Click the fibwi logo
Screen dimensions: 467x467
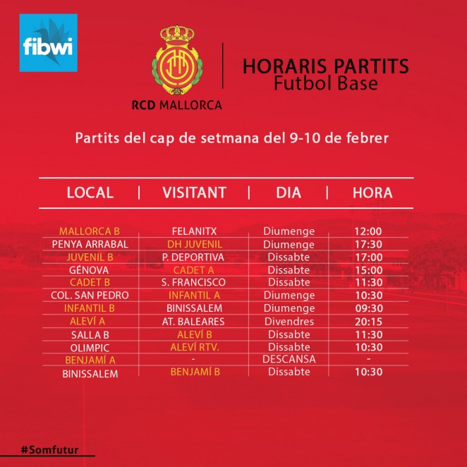[48, 42]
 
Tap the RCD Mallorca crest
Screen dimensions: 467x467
[177, 60]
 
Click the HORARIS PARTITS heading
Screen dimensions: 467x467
[326, 66]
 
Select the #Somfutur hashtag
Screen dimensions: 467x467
[49, 450]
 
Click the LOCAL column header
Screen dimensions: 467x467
[90, 193]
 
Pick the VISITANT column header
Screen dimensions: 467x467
[194, 193]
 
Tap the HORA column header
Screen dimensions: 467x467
[372, 193]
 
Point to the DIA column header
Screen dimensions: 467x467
[289, 193]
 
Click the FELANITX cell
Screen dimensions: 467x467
[194, 231]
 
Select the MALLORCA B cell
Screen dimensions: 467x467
[90, 231]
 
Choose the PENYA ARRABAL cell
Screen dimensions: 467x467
[90, 244]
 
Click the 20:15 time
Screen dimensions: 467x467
[368, 322]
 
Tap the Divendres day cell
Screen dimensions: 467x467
[289, 322]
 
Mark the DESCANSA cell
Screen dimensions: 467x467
[289, 359]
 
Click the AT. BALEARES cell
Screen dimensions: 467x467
[193, 322]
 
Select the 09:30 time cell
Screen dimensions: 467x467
[369, 308]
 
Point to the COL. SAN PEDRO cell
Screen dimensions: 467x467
[90, 295]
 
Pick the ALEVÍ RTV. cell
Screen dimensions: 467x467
[195, 347]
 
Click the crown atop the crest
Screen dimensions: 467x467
[177, 35]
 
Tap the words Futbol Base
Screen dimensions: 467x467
[326, 83]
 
